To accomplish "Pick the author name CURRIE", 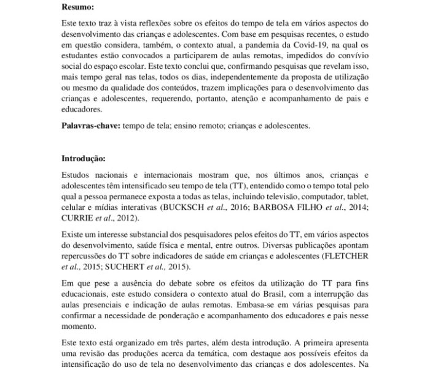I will pos(77,218).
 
